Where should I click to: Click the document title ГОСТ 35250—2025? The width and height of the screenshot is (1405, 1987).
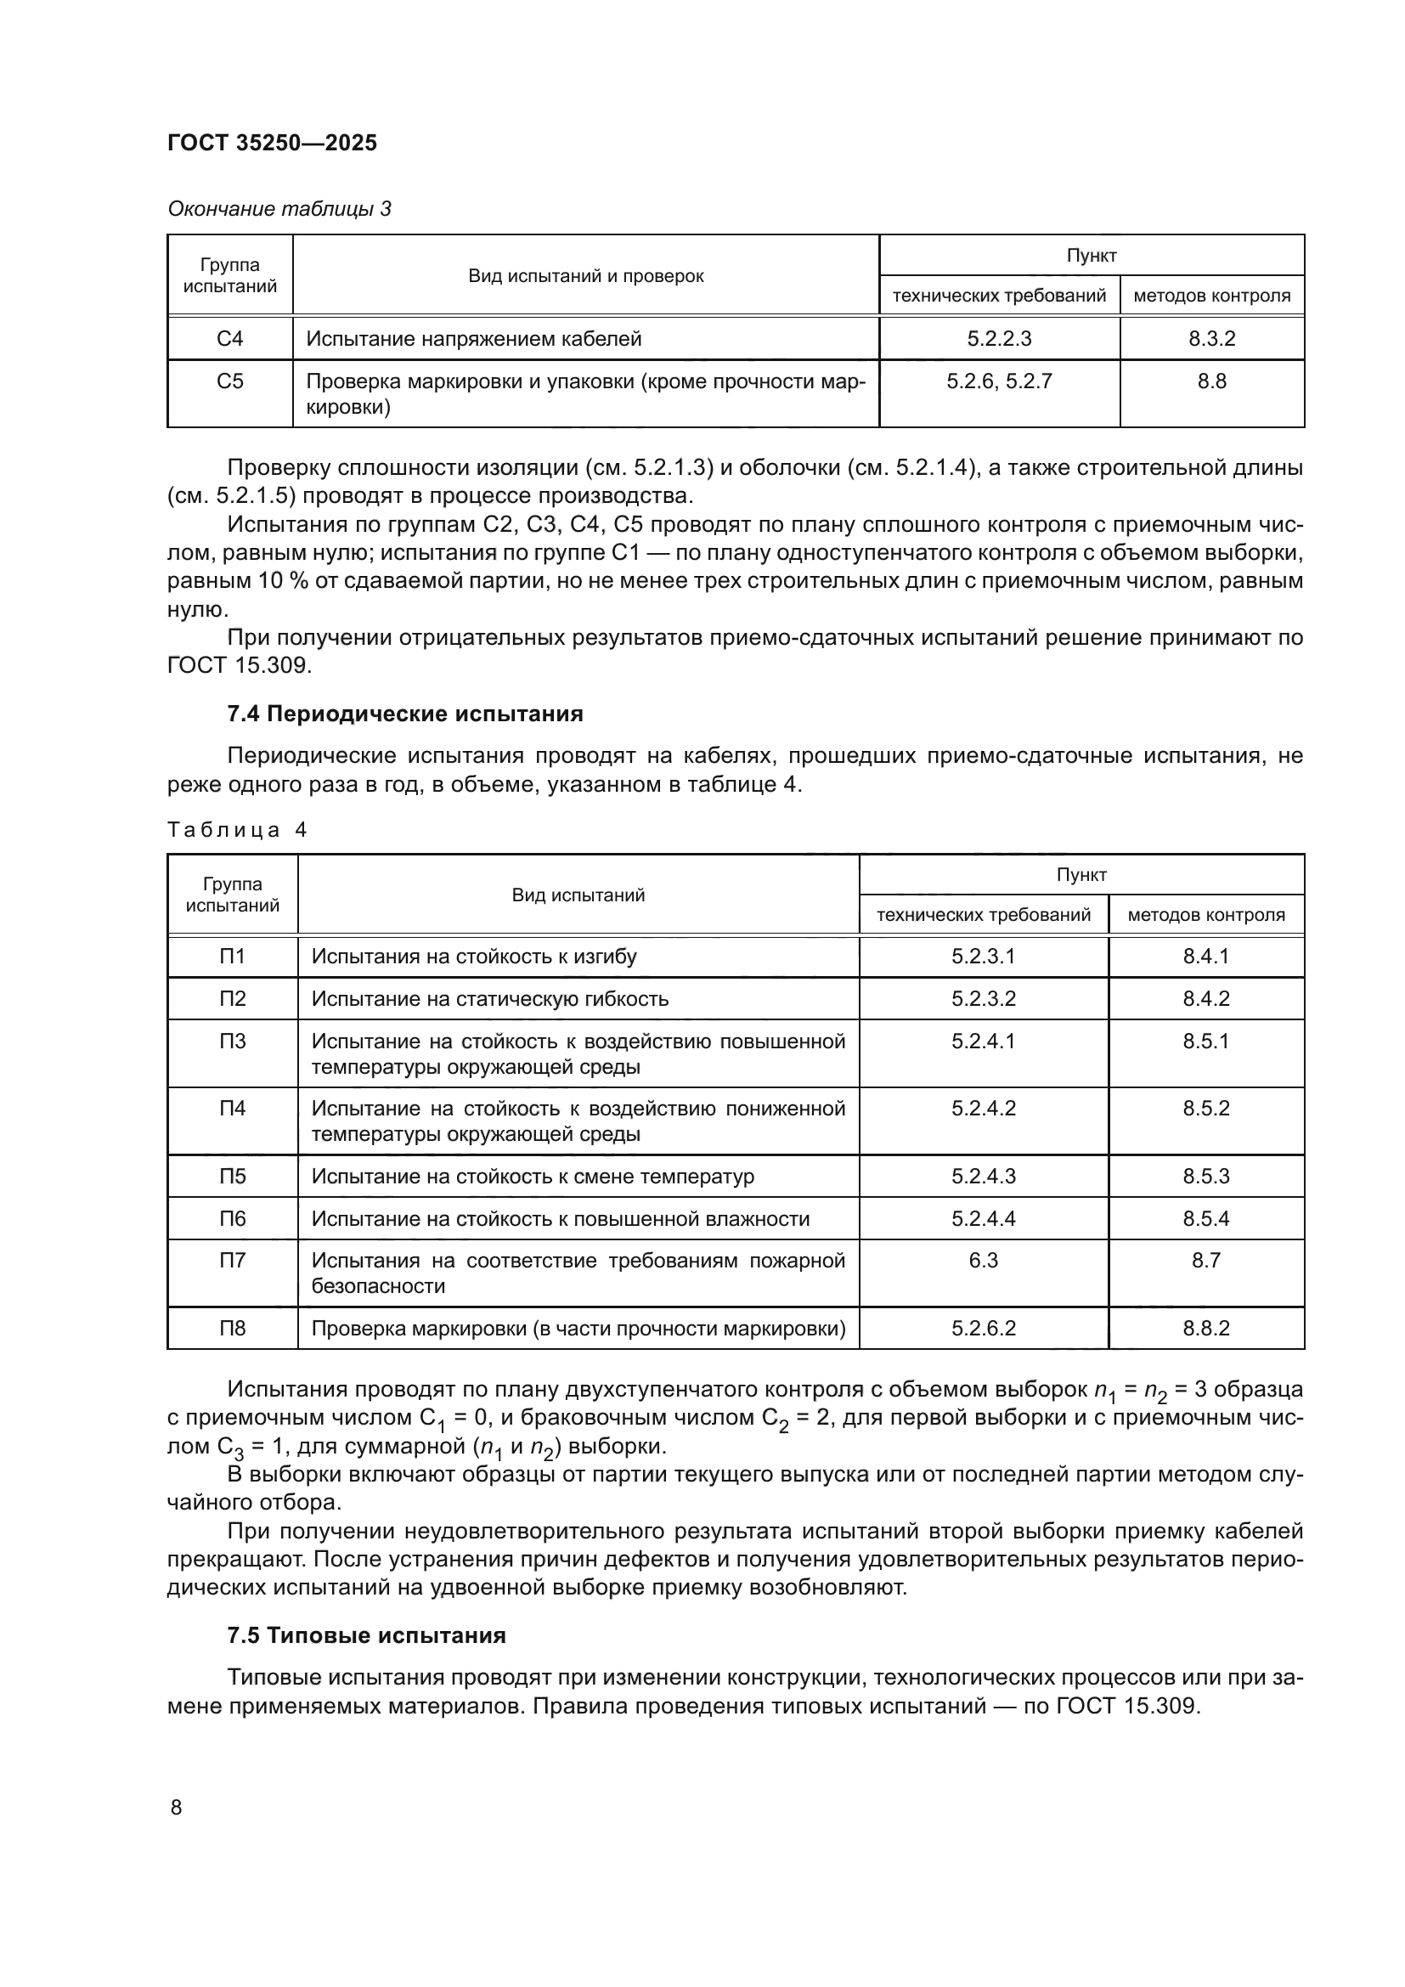(x=272, y=143)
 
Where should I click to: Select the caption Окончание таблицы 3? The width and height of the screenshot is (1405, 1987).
(x=279, y=209)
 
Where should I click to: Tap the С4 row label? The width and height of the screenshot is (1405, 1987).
(x=230, y=338)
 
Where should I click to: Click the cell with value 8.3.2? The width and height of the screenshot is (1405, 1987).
(x=1211, y=338)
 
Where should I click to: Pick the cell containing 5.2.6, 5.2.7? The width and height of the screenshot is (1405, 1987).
(x=999, y=381)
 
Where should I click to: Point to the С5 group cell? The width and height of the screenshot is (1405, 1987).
(x=230, y=381)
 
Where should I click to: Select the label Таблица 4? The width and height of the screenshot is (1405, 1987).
(x=236, y=830)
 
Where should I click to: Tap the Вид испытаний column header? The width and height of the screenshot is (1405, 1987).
(x=578, y=895)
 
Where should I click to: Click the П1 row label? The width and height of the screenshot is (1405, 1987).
(x=232, y=957)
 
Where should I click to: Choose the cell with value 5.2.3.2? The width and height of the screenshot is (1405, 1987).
(x=984, y=999)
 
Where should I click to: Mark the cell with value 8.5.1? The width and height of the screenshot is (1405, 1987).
(x=1206, y=1041)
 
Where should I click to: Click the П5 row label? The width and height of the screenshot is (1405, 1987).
(x=232, y=1176)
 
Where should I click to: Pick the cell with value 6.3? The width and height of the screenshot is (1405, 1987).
(x=984, y=1260)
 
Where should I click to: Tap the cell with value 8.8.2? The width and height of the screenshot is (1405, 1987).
(x=1206, y=1328)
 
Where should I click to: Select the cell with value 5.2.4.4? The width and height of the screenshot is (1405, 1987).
(x=984, y=1218)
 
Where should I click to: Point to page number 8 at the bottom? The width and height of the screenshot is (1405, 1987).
(x=177, y=1807)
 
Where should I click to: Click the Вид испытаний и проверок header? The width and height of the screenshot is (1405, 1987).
(x=586, y=276)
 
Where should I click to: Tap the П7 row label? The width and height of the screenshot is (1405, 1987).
(x=232, y=1260)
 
